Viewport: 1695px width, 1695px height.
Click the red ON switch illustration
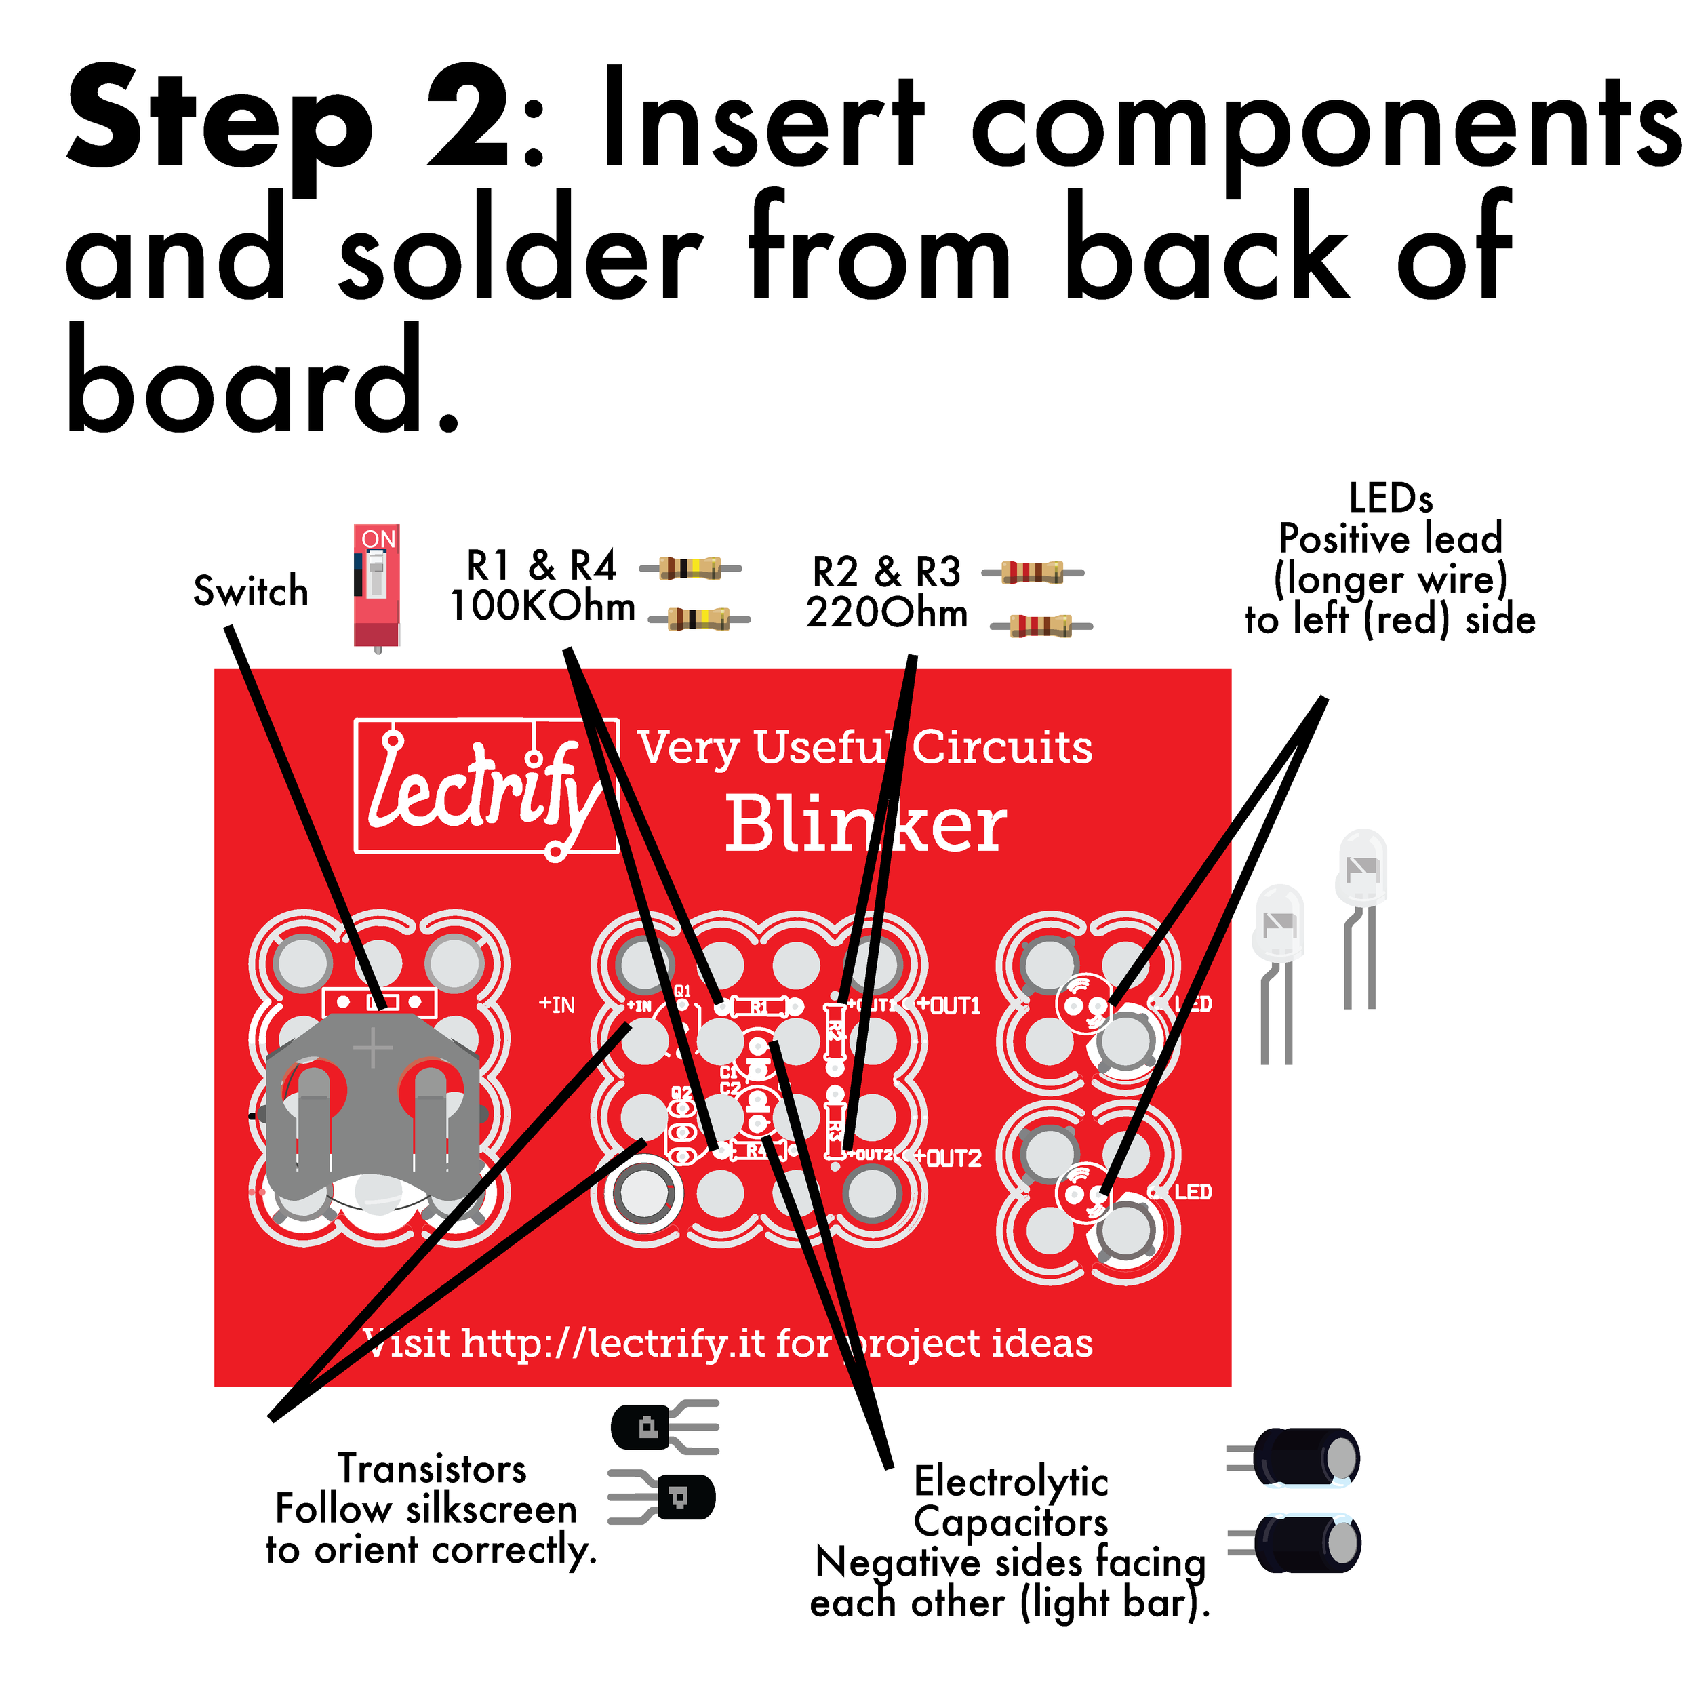click(377, 585)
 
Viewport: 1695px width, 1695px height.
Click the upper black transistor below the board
click(650, 1427)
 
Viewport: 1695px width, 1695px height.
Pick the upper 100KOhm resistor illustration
click(690, 569)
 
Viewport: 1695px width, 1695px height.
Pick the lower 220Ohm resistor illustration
click(1041, 626)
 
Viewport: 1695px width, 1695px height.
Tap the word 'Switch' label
click(251, 591)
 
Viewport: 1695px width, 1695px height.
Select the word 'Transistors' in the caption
click(432, 1469)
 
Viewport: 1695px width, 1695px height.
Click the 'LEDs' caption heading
click(1391, 498)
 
